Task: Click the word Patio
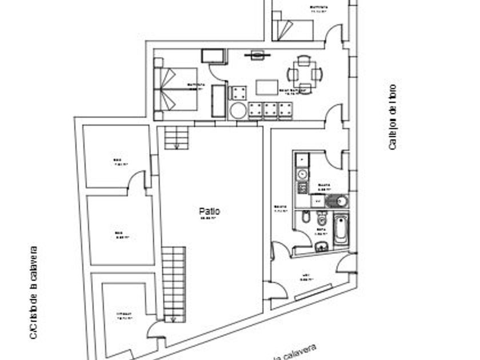210,211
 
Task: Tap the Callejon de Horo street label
392,117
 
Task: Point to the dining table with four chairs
304,73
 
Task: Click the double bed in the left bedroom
175,89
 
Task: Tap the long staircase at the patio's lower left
174,282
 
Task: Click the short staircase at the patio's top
176,137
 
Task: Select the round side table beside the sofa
237,110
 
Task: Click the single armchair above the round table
237,93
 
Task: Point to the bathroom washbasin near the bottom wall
321,247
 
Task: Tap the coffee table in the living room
266,87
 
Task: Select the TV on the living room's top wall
257,55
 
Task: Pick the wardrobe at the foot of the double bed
218,101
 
